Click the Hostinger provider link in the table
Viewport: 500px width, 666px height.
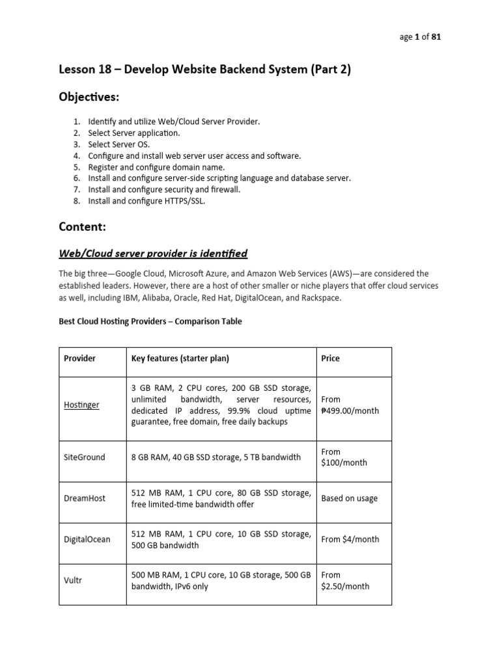(x=81, y=405)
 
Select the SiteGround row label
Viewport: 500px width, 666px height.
(x=85, y=457)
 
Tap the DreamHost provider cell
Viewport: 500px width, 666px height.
(x=85, y=498)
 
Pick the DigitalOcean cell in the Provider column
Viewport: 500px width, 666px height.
(x=87, y=539)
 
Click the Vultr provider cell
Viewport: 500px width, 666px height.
(x=73, y=580)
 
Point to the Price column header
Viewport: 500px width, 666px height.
(x=331, y=358)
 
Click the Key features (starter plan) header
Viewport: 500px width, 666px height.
(x=180, y=358)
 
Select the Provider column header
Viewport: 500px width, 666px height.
(x=80, y=358)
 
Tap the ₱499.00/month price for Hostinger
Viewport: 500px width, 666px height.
(x=346, y=410)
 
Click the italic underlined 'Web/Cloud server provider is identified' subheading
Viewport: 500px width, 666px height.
(x=153, y=253)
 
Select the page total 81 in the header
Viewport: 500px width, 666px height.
(x=436, y=37)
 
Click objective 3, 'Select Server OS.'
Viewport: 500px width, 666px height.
(x=119, y=144)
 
